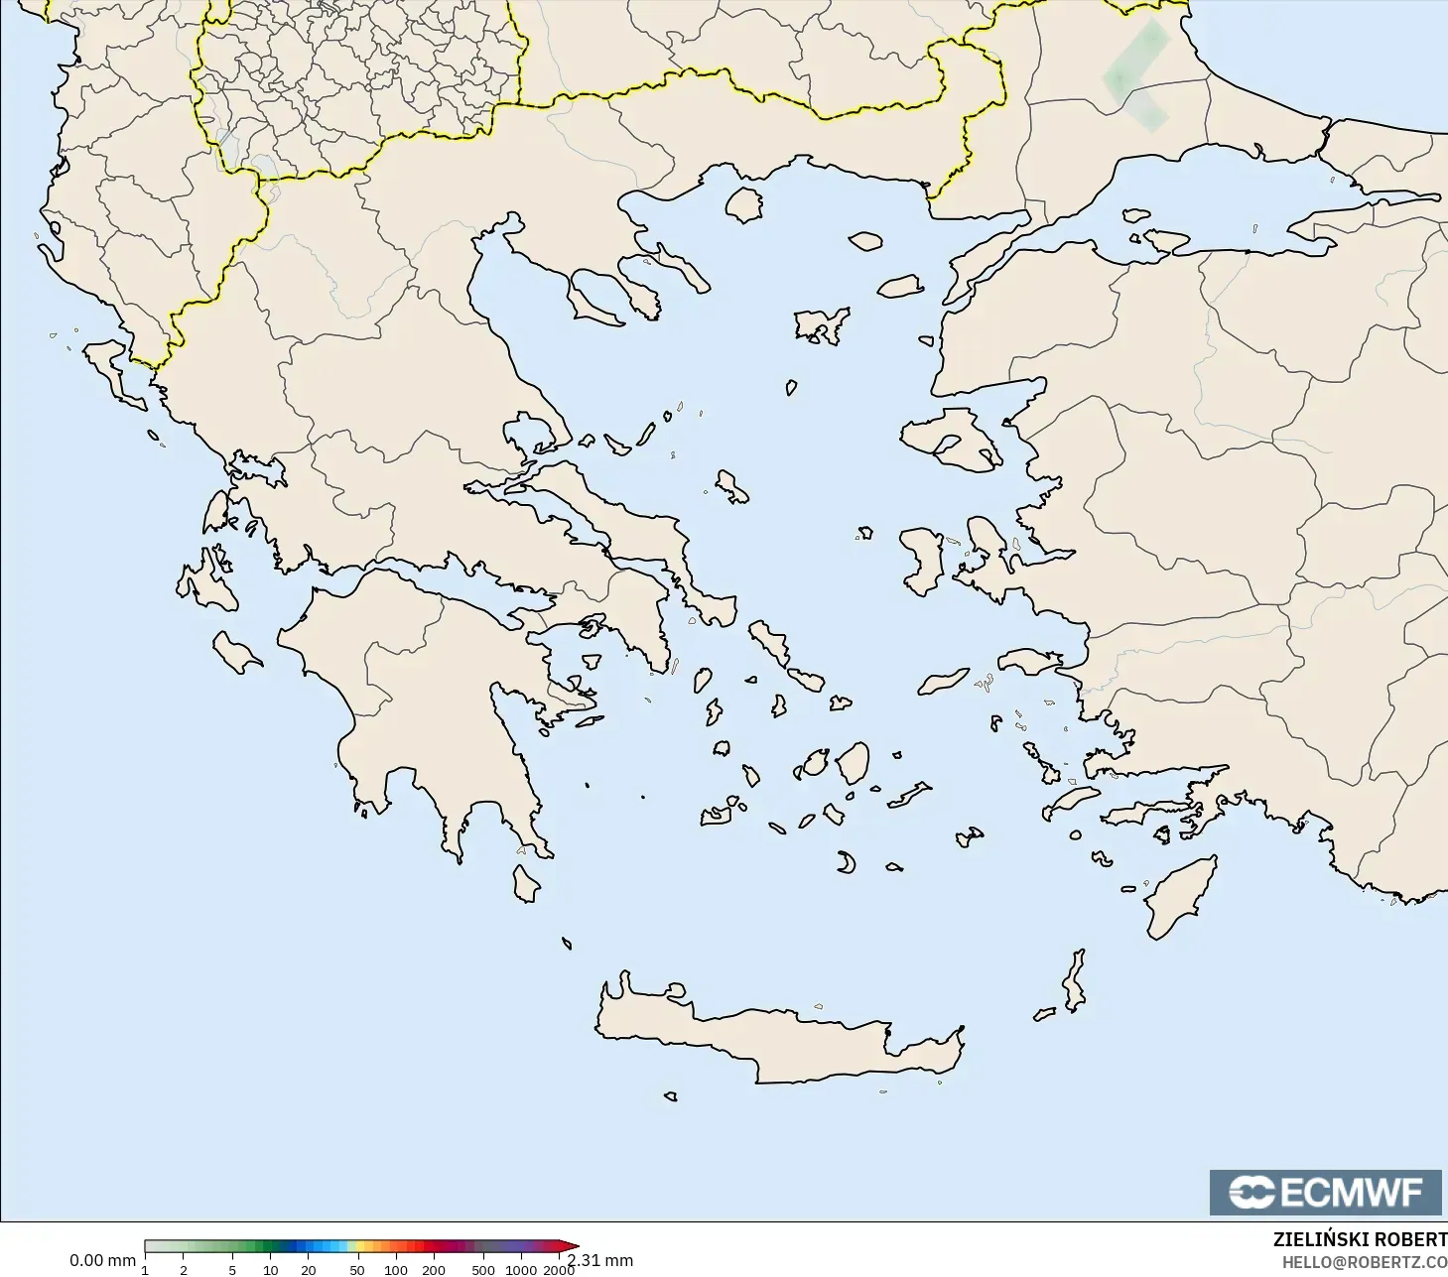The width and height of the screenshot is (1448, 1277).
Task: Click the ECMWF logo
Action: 1325,1192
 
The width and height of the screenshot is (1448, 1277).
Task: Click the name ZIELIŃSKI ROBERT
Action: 1360,1240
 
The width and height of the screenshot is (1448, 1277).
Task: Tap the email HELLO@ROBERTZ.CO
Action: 1365,1262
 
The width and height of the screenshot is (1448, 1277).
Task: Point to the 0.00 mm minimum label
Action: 102,1260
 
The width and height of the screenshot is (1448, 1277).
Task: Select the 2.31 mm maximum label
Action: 600,1260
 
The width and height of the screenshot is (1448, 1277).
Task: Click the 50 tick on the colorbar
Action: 356,1269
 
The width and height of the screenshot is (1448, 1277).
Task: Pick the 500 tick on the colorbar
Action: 482,1269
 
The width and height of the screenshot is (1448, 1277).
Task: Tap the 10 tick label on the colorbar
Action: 270,1269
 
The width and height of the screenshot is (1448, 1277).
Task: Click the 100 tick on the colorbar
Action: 395,1269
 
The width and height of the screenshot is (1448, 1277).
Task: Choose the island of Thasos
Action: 743,204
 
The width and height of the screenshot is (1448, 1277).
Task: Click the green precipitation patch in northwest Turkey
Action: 1136,74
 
